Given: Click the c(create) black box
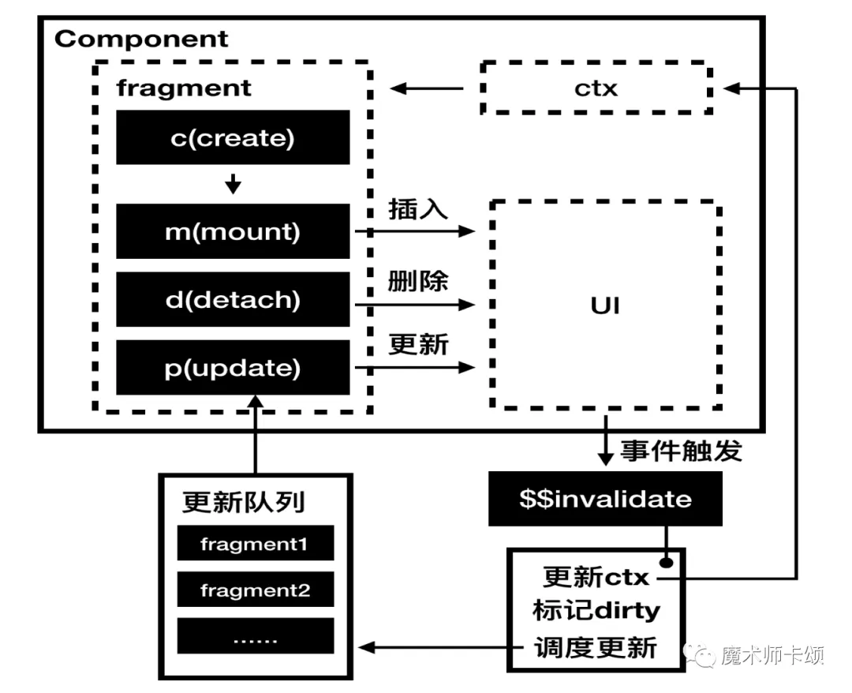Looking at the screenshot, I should tap(233, 138).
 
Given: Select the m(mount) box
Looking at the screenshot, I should tap(233, 231).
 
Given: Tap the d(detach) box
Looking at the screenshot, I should tap(233, 300).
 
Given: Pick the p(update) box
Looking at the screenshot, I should tap(233, 368).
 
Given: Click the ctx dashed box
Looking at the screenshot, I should tap(596, 88).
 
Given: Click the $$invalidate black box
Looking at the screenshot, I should tap(605, 499).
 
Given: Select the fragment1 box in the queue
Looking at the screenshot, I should tap(255, 544).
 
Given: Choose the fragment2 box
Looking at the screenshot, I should tap(255, 590).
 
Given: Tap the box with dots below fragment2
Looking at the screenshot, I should tap(255, 636).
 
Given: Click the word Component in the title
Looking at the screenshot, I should tap(141, 39).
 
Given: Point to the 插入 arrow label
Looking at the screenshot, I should tap(418, 210).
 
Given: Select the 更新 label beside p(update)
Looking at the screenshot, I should tap(418, 345).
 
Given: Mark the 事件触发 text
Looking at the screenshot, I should tap(681, 451).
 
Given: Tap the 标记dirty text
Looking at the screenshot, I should tap(596, 611).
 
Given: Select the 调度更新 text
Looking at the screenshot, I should tap(595, 647).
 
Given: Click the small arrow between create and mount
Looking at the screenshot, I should tap(233, 185).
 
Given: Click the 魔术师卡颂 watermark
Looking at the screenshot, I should tap(757, 655).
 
